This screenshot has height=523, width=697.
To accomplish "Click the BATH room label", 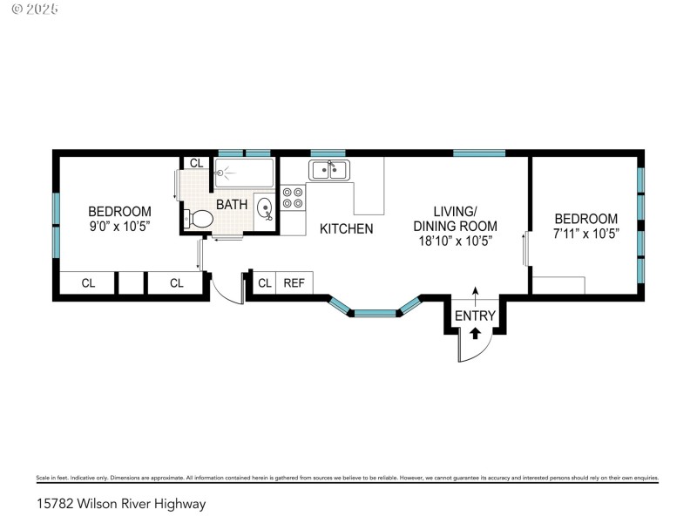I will coord(232,205).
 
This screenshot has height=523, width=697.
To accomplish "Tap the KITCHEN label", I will coord(346,228).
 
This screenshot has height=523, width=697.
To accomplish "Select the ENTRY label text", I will coord(475,316).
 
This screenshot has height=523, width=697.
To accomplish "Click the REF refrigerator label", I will coord(294,282).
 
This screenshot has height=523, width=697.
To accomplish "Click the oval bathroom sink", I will coord(264,206).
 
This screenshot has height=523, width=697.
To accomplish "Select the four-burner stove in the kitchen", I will coord(293,198).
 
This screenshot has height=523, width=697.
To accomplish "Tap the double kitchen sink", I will coord(328,169).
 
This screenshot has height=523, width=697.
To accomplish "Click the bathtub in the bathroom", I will coord(244,173).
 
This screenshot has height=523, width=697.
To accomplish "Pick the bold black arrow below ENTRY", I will coord(475,332).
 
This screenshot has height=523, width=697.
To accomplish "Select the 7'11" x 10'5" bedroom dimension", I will coord(586,234).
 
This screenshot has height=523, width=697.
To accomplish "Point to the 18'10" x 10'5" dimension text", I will coord(456,241).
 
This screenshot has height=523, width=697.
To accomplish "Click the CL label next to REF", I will coord(265,282).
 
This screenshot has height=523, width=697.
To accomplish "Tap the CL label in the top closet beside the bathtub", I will coord(196,163).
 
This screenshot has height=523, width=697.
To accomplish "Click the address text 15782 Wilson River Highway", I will coord(121,504).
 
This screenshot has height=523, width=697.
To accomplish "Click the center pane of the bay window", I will coord(375,311).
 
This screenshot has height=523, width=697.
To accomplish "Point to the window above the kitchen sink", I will coord(328,153).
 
